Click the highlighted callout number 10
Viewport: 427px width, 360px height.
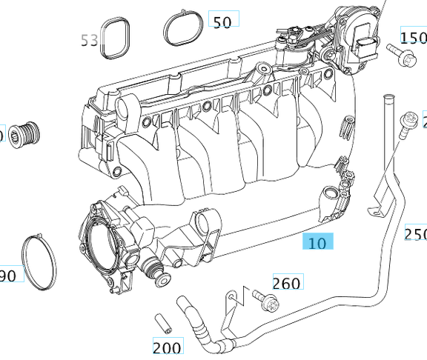click(x=318, y=243)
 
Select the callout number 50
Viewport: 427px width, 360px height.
click(x=222, y=21)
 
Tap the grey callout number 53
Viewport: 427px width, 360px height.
click(x=90, y=40)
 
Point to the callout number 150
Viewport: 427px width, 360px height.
click(x=414, y=37)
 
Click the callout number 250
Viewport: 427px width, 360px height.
click(x=416, y=234)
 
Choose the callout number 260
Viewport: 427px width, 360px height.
click(x=287, y=282)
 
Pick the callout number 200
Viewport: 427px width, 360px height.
click(x=167, y=347)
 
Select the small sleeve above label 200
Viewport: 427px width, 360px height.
click(x=161, y=324)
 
